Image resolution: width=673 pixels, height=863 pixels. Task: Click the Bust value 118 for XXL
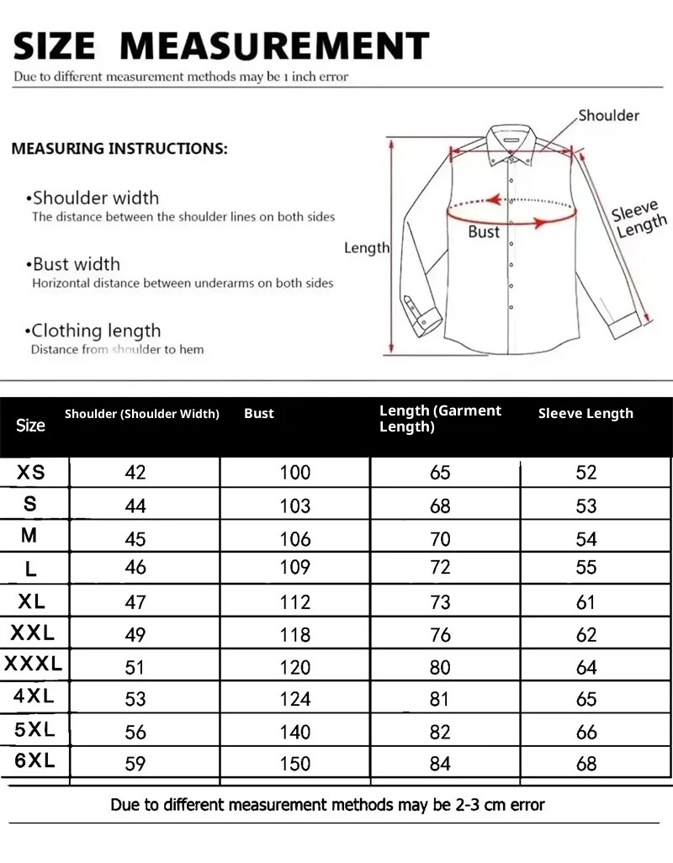click(x=294, y=634)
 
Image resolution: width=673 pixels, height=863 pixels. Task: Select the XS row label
click(x=31, y=472)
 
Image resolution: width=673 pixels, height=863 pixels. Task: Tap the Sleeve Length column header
click(x=586, y=413)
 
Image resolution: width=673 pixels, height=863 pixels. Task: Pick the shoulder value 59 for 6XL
click(x=135, y=764)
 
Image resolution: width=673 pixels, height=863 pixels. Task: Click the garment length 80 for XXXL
click(x=440, y=667)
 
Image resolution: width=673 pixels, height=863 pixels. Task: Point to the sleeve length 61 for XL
click(x=586, y=602)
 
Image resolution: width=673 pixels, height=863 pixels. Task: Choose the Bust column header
click(x=259, y=413)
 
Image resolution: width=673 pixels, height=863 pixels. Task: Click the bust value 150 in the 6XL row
click(x=294, y=764)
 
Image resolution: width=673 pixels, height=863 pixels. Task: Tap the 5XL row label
click(x=34, y=729)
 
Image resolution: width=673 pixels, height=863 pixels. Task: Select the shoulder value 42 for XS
click(x=135, y=472)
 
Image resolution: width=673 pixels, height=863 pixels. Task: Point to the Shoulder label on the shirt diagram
click(x=608, y=115)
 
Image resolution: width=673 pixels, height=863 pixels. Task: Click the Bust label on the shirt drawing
click(x=484, y=232)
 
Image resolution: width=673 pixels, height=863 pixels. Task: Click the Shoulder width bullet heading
click(x=95, y=199)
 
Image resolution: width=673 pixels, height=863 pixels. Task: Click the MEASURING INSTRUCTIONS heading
click(x=119, y=149)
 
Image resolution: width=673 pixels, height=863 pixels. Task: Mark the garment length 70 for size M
click(x=440, y=538)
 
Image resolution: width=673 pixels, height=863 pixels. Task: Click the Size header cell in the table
click(x=30, y=425)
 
